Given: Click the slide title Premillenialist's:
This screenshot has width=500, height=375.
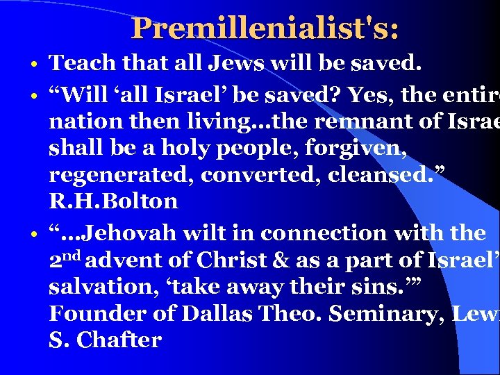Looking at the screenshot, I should tap(265, 28).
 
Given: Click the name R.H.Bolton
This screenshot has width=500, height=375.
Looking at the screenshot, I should tap(113, 202).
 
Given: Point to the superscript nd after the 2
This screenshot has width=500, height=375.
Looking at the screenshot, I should tap(74, 256).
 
